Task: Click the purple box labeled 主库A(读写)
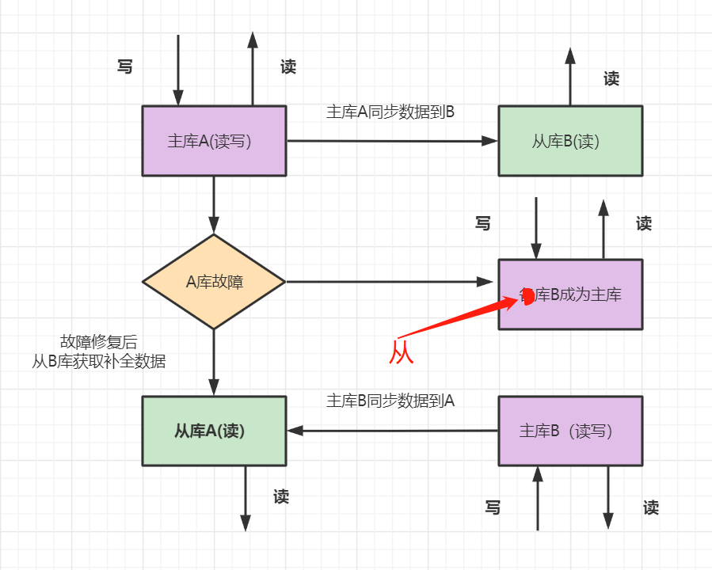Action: [x=213, y=141]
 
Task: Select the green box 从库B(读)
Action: [x=569, y=141]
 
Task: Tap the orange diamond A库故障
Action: [x=214, y=282]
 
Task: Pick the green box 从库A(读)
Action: [x=213, y=431]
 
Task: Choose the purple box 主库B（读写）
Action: [x=569, y=431]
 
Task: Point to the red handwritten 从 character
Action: [x=402, y=351]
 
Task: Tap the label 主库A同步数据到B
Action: [x=390, y=112]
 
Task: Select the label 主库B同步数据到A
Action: [x=390, y=401]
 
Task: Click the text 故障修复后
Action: [x=99, y=342]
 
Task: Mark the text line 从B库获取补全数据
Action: [x=99, y=362]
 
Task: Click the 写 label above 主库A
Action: [x=124, y=67]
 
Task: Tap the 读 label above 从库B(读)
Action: [x=611, y=78]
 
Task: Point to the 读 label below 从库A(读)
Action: [x=281, y=496]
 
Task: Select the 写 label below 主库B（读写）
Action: [x=493, y=507]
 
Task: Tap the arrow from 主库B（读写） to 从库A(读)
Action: [x=391, y=431]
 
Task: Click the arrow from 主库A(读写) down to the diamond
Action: [x=214, y=204]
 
